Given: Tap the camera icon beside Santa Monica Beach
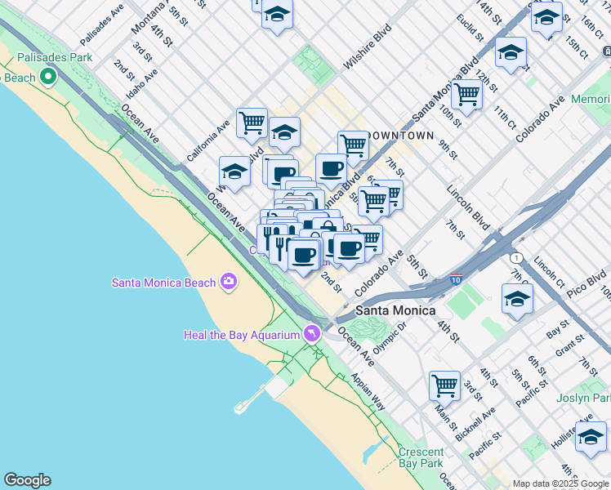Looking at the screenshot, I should pyautogui.click(x=229, y=283).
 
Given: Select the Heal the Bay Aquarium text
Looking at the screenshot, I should pyautogui.click(x=241, y=334).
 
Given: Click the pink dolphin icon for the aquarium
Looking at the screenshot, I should pyautogui.click(x=311, y=333).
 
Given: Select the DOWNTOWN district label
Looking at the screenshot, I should pyautogui.click(x=400, y=135).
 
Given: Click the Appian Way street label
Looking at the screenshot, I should pyautogui.click(x=368, y=392).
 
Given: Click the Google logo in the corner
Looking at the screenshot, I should pyautogui.click(x=27, y=480).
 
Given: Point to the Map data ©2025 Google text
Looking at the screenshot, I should pyautogui.click(x=560, y=483).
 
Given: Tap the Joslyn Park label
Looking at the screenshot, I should pyautogui.click(x=583, y=398).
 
